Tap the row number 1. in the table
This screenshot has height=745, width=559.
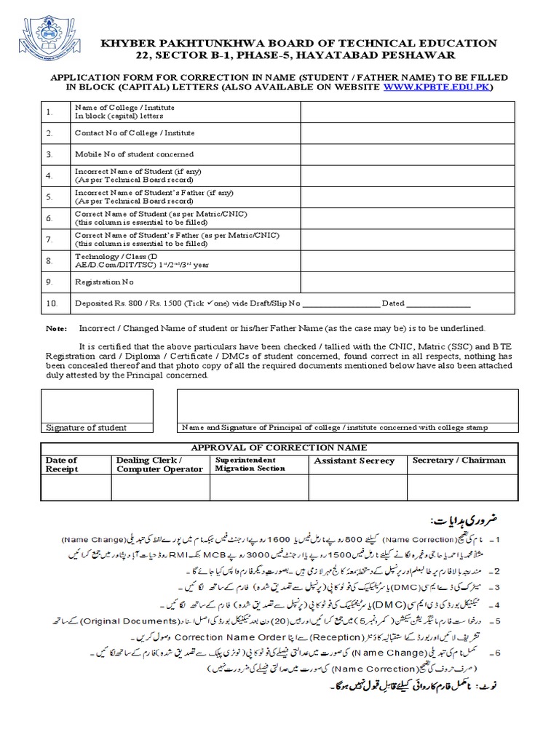49,112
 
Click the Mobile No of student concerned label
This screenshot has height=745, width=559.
134,154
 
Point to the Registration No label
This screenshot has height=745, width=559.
104,281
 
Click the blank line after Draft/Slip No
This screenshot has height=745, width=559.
341,304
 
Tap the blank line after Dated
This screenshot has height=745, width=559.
438,304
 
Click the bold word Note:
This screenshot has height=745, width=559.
56,329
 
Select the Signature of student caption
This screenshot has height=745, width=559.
81,428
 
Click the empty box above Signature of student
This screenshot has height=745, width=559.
96,405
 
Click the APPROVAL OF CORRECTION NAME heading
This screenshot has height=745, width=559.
279,447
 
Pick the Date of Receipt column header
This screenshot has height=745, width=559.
62,465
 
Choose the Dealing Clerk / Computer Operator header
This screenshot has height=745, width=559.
159,465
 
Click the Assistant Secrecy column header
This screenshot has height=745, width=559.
354,461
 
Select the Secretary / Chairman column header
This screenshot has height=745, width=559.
459,461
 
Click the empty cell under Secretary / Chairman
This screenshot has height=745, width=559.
459,487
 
